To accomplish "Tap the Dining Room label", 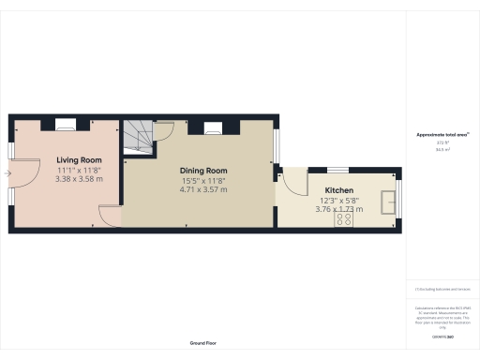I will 203,171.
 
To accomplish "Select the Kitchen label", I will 339,190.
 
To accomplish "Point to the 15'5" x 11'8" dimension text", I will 203,180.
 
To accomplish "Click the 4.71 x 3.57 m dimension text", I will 203,189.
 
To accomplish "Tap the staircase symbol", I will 139,137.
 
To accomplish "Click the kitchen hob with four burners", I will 344,219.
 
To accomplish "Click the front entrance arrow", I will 8,172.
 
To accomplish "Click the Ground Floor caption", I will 203,343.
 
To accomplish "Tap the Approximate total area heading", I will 442,135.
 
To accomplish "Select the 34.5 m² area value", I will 442,149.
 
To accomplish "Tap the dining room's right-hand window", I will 277,142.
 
